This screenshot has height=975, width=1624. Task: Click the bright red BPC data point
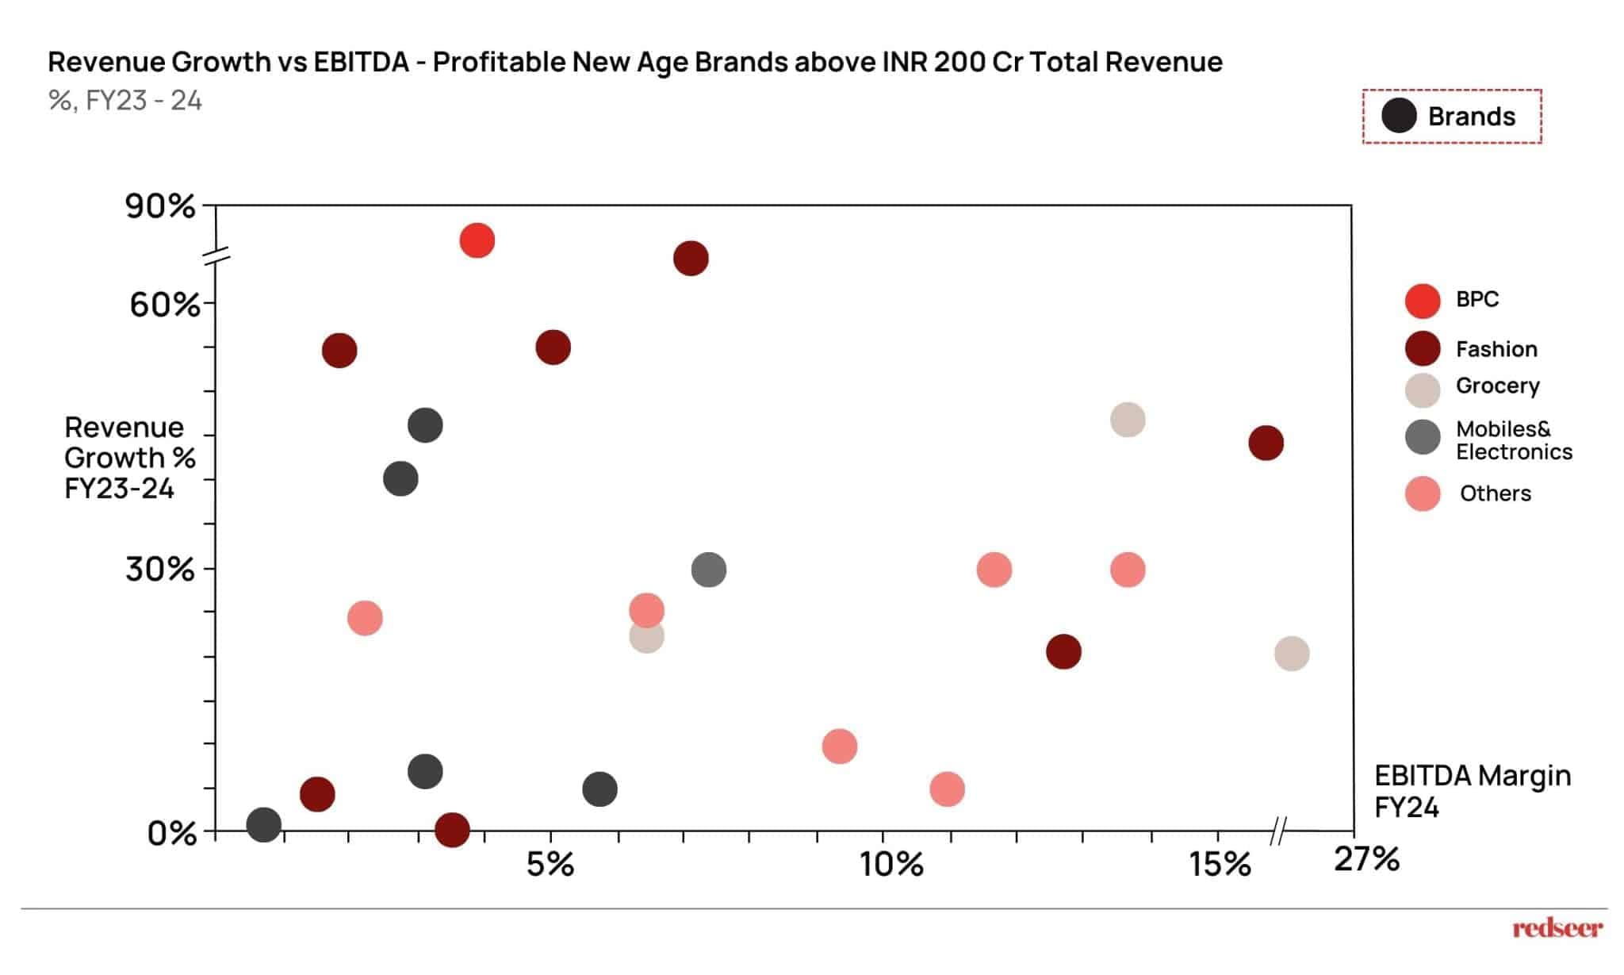pos(477,240)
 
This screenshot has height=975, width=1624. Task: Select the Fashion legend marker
pos(1422,348)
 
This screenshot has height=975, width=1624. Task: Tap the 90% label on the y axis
pos(159,206)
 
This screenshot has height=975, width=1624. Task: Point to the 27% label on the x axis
pos(1366,859)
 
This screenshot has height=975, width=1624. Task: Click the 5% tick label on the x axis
pos(550,864)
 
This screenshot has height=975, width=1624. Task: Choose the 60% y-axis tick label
pos(164,304)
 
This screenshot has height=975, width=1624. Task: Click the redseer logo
pos(1557,927)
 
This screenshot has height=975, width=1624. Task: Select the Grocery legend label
pos(1497,386)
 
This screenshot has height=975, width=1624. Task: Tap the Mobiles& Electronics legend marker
pos(1422,437)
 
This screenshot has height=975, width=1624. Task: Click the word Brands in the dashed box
pos(1471,117)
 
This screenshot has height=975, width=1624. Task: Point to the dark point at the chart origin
pos(264,824)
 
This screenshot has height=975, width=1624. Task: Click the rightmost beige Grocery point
pos(1291,654)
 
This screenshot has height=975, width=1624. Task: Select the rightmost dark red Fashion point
pos(1266,443)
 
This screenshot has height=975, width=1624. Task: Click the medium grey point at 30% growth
pos(708,570)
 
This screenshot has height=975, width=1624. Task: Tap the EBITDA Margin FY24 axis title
pos(1472,791)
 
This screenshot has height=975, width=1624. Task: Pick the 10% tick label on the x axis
pos(891,864)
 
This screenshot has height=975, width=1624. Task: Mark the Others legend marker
pos(1422,493)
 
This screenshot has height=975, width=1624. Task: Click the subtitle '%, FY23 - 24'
pos(125,101)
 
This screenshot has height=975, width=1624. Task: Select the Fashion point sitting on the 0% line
pos(452,830)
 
